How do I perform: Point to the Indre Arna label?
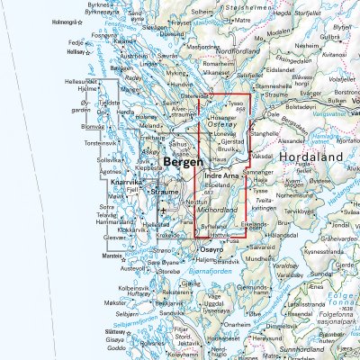(x=221, y=175)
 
